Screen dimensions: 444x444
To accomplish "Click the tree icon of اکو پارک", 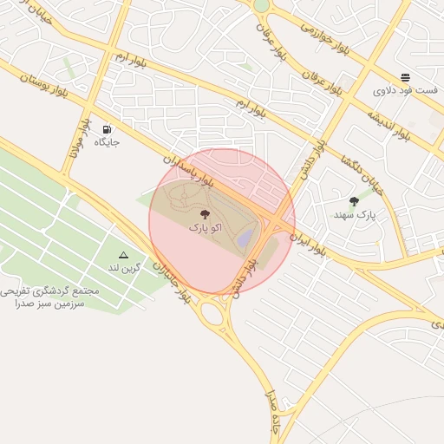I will (x=204, y=213).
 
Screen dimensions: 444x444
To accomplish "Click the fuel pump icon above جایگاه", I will (x=107, y=127).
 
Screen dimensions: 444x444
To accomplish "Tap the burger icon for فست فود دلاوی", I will (x=406, y=76).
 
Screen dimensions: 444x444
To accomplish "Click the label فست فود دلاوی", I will (x=398, y=90).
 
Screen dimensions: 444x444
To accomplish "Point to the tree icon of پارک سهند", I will (x=354, y=201).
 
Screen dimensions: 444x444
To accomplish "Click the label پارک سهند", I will (x=354, y=214).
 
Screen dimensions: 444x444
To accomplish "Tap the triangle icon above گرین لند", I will (x=123, y=255).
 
